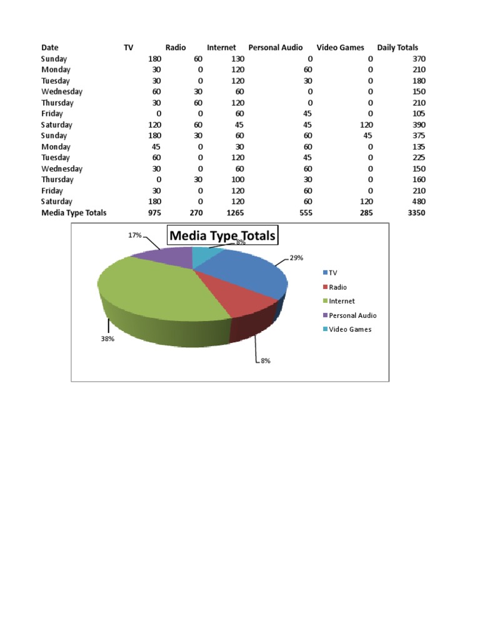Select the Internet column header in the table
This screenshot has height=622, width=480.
pos(221,48)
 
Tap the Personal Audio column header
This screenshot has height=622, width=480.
pos(275,48)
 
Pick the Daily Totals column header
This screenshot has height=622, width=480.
pos(397,48)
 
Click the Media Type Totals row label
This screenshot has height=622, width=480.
pos(74,213)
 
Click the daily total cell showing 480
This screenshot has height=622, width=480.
pos(419,201)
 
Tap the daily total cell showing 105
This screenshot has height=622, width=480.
pos(419,114)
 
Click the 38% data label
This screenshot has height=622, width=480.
pos(107,339)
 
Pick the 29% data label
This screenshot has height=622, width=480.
pos(296,258)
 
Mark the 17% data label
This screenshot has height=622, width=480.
pos(134,235)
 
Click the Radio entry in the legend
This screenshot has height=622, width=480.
pos(337,287)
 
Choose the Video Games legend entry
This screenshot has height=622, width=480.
pos(350,329)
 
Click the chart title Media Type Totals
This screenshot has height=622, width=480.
pos(222,236)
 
